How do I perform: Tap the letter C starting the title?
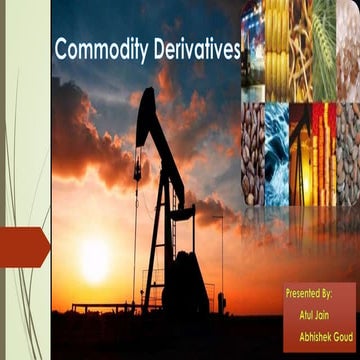[60, 49]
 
